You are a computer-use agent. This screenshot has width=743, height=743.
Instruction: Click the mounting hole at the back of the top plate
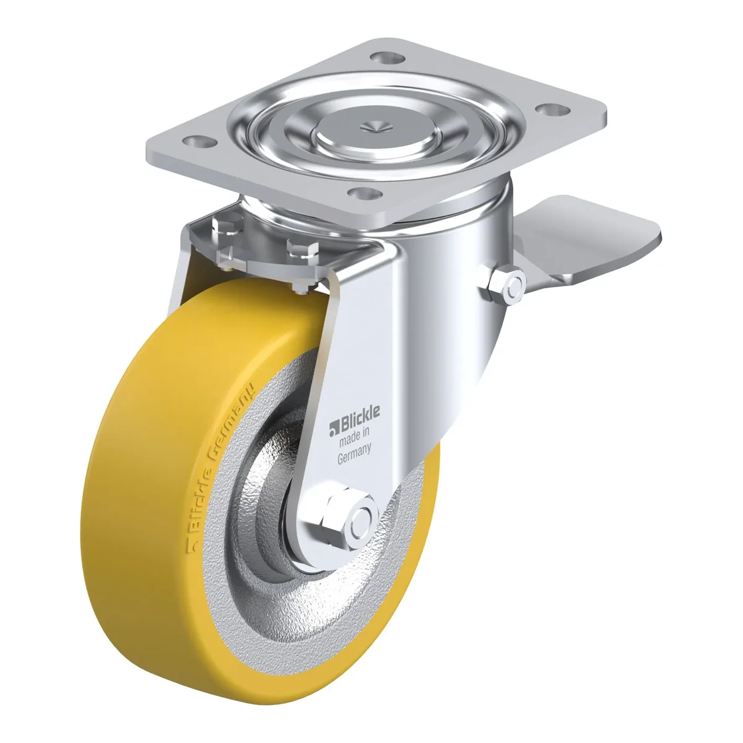(388, 58)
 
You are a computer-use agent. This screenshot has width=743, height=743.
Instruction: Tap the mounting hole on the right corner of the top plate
(554, 110)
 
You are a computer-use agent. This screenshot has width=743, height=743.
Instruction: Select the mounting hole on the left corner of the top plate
(199, 141)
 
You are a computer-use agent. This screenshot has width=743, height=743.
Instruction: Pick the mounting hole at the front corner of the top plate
(365, 193)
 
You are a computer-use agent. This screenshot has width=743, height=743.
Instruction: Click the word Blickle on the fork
(359, 414)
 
